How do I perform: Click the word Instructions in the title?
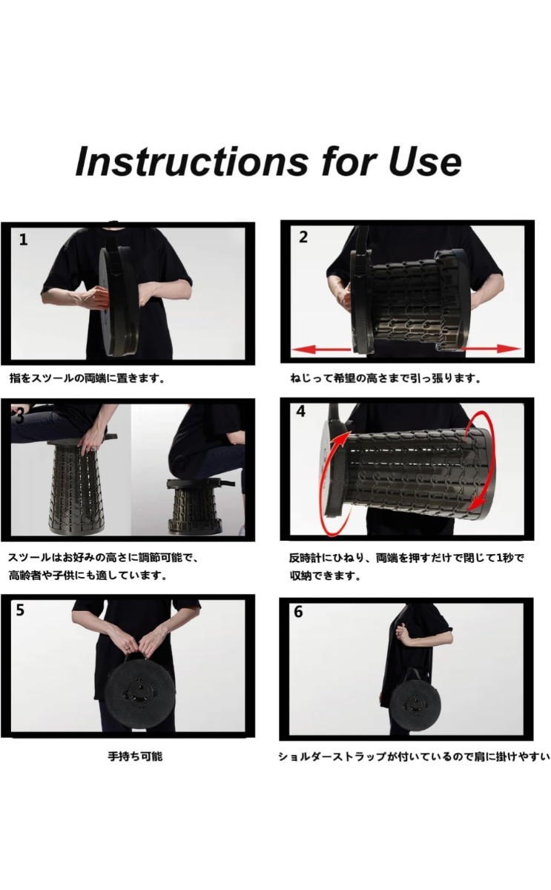(x=191, y=162)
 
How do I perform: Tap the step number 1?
(x=24, y=240)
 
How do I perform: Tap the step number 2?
(x=303, y=237)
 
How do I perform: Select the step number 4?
(x=301, y=411)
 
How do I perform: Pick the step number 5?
(x=20, y=610)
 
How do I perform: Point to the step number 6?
(x=298, y=612)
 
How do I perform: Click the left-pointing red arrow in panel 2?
(x=321, y=349)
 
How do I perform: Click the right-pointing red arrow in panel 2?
(x=491, y=349)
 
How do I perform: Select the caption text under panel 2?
(x=386, y=378)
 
